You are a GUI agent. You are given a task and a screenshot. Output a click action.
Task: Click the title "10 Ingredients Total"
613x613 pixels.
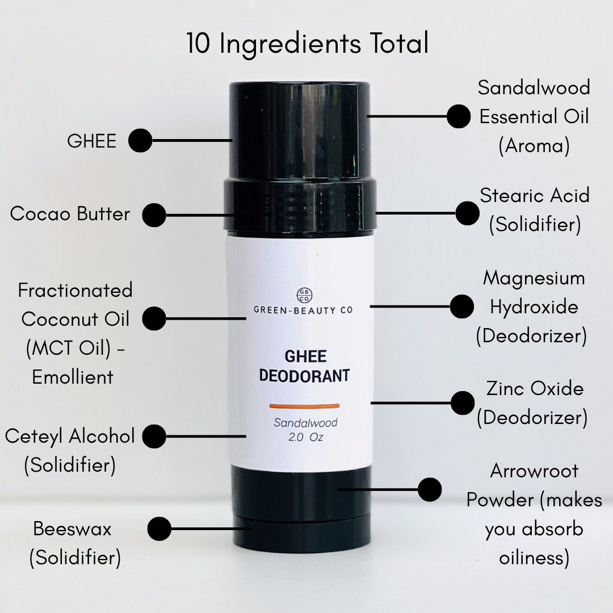coord(307,43)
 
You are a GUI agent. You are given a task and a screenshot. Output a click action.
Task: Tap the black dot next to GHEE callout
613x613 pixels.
coord(140,140)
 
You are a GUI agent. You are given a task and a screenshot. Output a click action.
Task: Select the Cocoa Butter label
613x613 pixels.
coord(70,213)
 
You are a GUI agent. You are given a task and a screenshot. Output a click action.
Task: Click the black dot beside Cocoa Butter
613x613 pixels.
coord(154,215)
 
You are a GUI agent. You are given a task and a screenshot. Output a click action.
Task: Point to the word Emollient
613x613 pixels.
coord(73,377)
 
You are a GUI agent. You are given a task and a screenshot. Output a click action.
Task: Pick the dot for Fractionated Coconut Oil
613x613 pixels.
coord(154,318)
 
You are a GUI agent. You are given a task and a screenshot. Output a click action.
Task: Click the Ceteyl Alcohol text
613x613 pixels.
coord(70,436)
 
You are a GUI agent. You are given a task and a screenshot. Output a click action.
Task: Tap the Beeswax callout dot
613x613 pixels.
coord(159,528)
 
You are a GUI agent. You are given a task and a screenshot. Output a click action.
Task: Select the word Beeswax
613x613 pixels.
coord(72,529)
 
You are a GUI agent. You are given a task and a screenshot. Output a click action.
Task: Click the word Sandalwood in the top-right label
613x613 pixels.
coord(534,87)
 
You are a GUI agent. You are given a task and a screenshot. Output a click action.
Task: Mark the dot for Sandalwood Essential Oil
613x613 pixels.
coord(459,116)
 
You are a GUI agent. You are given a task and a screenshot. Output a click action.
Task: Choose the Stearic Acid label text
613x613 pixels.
coord(535,195)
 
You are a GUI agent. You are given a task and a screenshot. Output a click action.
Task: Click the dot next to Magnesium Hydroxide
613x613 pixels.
coord(461,306)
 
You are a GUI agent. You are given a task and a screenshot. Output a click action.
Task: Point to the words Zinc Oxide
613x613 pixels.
coord(535,389)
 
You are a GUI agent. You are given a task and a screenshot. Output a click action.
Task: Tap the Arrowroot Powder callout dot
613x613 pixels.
coord(430,489)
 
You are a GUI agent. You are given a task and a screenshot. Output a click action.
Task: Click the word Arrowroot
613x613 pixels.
coord(534,471)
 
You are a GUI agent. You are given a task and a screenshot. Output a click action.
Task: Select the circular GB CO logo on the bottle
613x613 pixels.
coord(305,296)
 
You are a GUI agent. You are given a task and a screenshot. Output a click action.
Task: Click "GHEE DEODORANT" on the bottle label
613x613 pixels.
coord(305,366)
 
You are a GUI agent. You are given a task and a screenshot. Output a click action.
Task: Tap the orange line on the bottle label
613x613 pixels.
coord(305,406)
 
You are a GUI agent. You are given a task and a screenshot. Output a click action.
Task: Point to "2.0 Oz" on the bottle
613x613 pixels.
coord(306,437)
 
